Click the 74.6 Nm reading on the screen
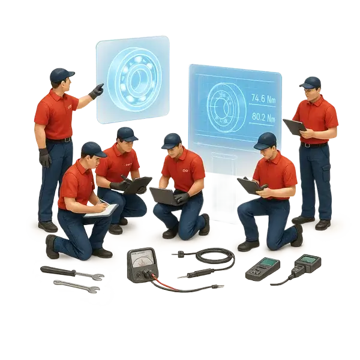coord(263,98)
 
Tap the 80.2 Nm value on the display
coord(263,118)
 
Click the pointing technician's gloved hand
coord(96,91)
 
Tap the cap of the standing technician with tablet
coord(310,82)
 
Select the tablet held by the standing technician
coord(294,127)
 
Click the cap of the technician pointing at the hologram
coord(61,74)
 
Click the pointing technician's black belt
coord(59,140)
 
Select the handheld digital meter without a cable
coord(262,270)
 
